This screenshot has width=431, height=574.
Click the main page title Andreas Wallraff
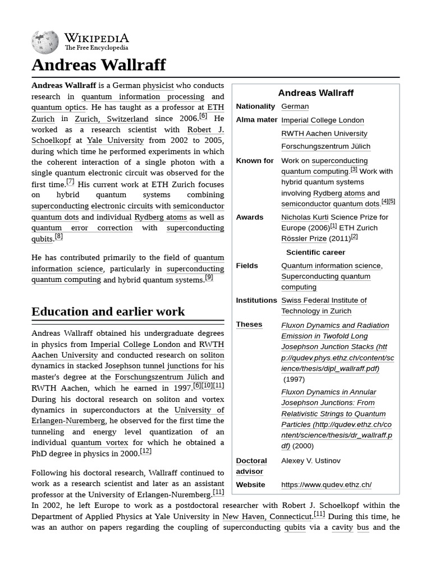(98, 65)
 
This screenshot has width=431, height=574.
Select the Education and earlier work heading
(108, 312)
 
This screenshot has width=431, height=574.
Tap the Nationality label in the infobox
(255, 107)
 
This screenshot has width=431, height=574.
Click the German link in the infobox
(295, 107)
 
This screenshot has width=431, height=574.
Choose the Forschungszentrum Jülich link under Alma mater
(325, 146)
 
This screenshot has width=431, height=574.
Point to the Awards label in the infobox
(249, 217)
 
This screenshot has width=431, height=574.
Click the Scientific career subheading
(315, 252)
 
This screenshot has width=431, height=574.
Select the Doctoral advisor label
(251, 466)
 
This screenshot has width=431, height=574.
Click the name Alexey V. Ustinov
(310, 461)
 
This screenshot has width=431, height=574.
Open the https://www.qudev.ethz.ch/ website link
(326, 485)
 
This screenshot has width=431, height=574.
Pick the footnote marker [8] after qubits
(58, 237)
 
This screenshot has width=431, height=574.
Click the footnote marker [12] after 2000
(145, 451)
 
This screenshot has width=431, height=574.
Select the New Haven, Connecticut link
(267, 516)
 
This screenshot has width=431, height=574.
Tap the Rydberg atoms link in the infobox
(338, 193)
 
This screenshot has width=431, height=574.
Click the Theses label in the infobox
(249, 325)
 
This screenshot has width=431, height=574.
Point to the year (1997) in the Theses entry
(294, 379)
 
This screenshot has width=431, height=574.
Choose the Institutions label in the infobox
(256, 300)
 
